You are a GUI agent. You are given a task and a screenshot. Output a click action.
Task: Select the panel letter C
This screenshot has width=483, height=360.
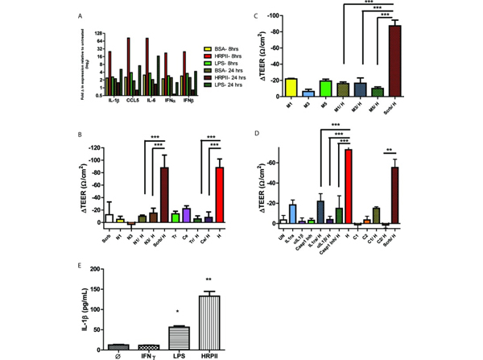click(x=255, y=14)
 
